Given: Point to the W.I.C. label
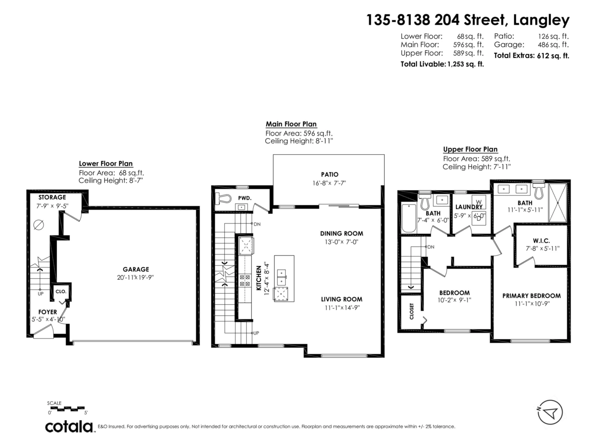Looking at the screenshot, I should click(541, 240).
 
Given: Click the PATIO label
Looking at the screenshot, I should click(329, 174).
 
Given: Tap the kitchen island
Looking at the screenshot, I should click(284, 279).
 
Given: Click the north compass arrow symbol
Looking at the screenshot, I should click(550, 412).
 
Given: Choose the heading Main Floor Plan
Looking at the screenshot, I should click(291, 124).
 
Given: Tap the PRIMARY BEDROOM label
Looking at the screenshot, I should click(531, 295).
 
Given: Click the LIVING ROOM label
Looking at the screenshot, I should click(341, 299).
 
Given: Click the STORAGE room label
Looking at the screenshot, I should click(52, 197).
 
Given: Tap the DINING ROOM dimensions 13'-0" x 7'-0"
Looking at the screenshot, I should click(341, 242).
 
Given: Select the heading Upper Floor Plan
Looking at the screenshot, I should click(470, 149).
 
